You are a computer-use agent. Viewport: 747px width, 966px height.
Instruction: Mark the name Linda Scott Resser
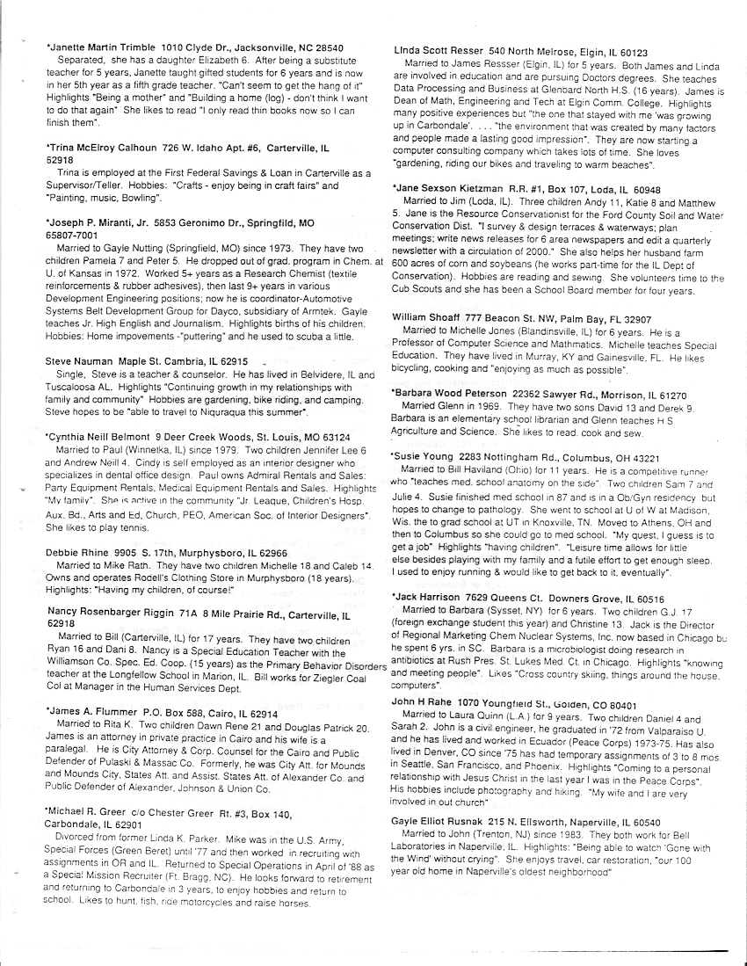coord(437,52)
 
